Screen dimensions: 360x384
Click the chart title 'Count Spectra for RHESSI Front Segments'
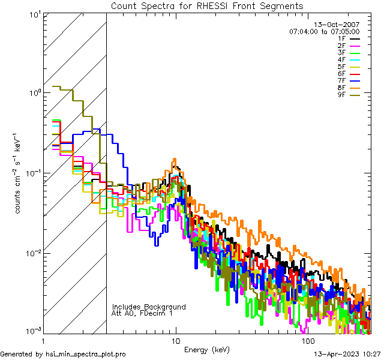click(x=207, y=6)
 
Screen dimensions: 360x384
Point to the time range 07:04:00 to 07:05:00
click(x=324, y=31)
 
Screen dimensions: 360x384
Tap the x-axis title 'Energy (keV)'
click(x=207, y=349)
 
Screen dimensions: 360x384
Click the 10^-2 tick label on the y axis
click(x=31, y=253)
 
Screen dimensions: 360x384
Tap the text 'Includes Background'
click(x=149, y=307)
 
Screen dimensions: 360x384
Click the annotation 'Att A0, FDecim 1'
click(x=142, y=313)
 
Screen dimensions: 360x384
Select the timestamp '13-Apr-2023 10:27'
click(x=345, y=354)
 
